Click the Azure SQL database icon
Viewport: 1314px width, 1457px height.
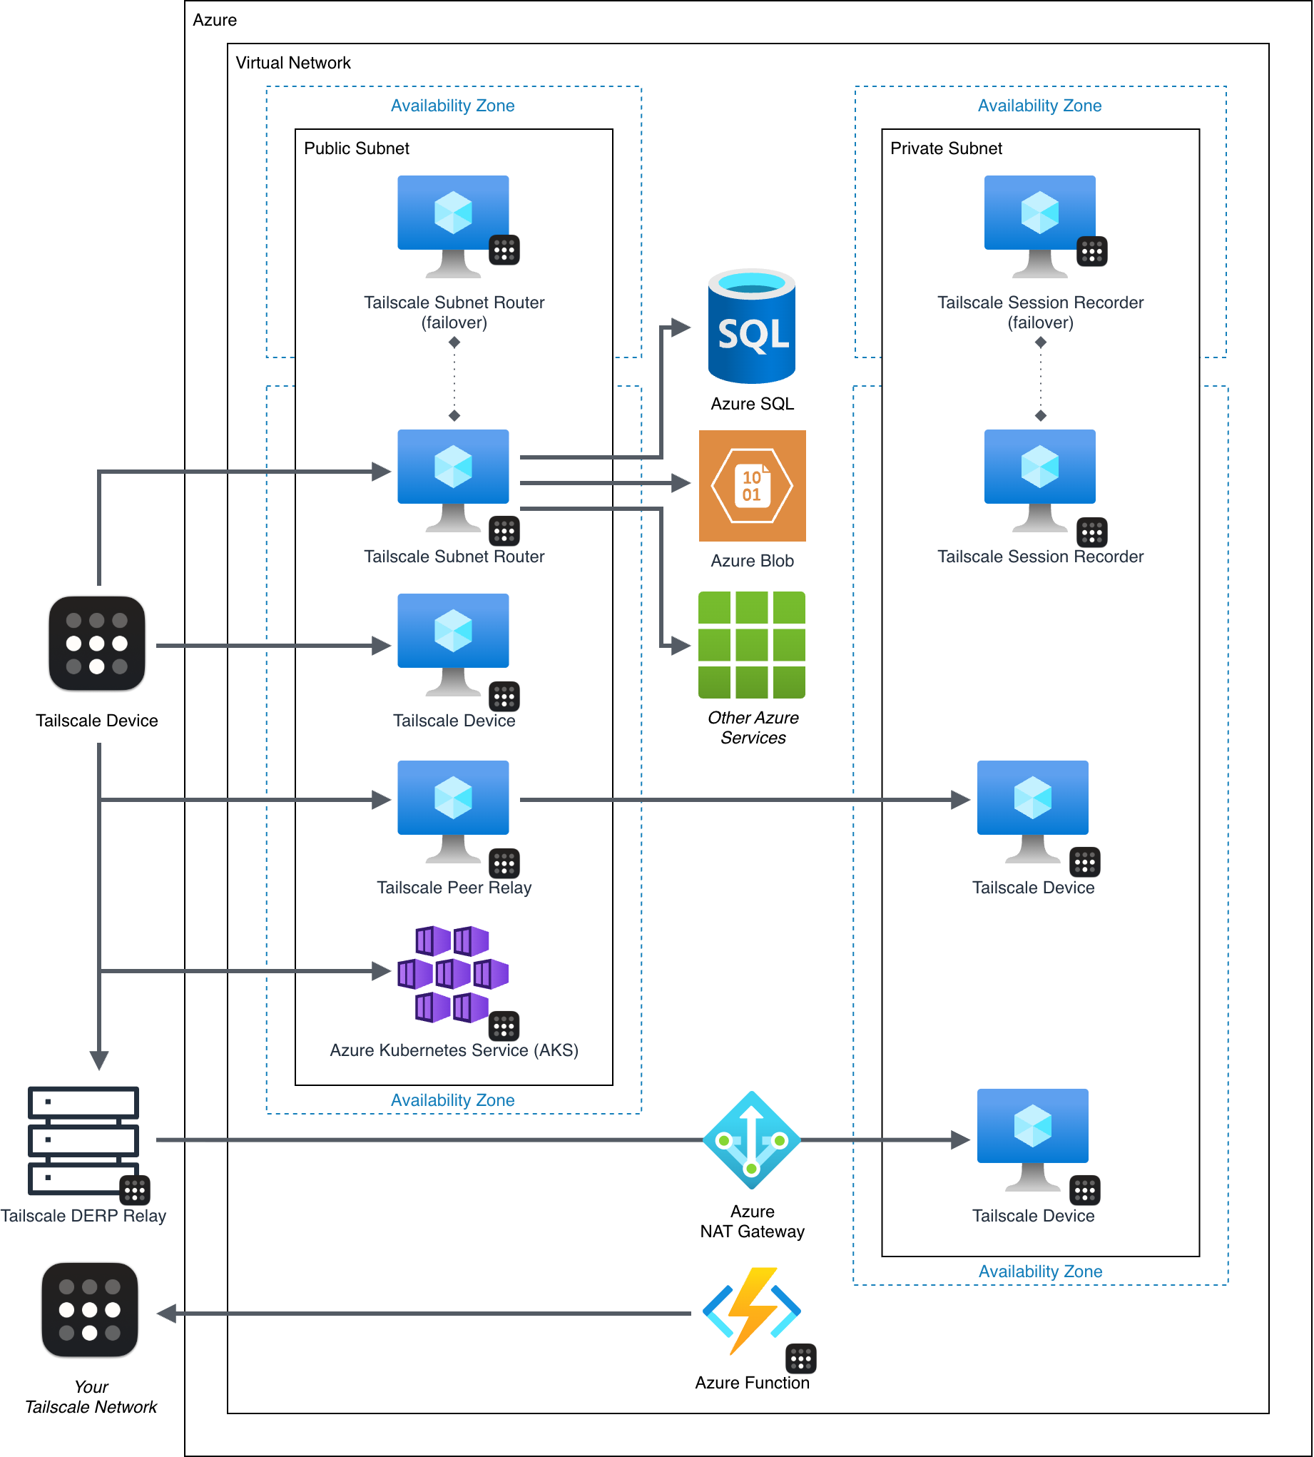pyautogui.click(x=752, y=326)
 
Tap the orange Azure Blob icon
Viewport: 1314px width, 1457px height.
pyautogui.click(x=752, y=486)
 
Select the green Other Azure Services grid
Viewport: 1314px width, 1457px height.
pyautogui.click(x=752, y=645)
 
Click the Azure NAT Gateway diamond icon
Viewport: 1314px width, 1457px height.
pyautogui.click(x=752, y=1140)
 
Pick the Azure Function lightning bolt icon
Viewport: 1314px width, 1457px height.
pyautogui.click(x=752, y=1311)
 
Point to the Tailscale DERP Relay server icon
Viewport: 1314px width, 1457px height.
pyautogui.click(x=83, y=1141)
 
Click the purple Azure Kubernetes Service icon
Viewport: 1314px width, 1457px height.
pyautogui.click(x=453, y=974)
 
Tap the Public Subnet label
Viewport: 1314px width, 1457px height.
pyautogui.click(x=356, y=148)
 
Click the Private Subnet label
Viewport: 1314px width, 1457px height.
pyautogui.click(x=946, y=148)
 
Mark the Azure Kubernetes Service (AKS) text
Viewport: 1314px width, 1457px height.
pyautogui.click(x=454, y=1050)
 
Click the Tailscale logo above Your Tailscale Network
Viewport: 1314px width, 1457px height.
pyautogui.click(x=89, y=1310)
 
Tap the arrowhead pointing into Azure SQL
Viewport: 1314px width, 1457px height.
pyautogui.click(x=680, y=328)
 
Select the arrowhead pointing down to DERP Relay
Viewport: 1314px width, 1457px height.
pyautogui.click(x=99, y=1060)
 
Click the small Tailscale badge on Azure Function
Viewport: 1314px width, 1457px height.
pyautogui.click(x=800, y=1359)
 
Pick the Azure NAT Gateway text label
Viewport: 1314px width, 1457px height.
pyautogui.click(x=752, y=1222)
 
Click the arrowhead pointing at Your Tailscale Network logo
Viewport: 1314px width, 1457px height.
pyautogui.click(x=167, y=1314)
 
